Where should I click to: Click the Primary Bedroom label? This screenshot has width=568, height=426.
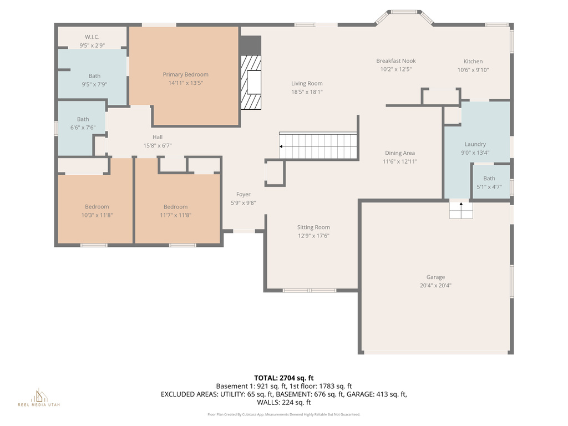(185, 74)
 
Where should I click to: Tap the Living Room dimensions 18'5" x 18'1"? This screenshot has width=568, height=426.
(307, 92)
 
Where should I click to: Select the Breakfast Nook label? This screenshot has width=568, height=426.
(395, 61)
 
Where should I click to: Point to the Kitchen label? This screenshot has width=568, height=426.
(473, 62)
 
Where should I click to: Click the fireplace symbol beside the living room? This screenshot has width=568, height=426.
(251, 83)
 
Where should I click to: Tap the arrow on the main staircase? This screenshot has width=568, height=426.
(282, 146)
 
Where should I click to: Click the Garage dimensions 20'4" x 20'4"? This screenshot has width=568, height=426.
(435, 286)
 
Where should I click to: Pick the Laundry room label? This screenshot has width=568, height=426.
(475, 144)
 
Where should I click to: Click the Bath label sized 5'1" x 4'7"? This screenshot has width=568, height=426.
(489, 179)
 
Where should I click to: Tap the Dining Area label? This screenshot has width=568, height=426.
(400, 153)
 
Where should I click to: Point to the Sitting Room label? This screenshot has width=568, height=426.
(313, 227)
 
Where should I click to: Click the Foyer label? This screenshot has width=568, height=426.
(244, 194)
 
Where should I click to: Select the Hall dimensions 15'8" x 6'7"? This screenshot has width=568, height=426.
(158, 146)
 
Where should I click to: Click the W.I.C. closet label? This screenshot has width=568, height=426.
(92, 37)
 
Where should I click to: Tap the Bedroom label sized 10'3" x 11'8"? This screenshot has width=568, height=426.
(97, 207)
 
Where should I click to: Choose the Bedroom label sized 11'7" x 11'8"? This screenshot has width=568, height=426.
(175, 207)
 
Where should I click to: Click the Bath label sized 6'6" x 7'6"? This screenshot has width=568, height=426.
(83, 119)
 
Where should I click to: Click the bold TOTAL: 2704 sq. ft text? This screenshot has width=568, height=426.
(284, 378)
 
